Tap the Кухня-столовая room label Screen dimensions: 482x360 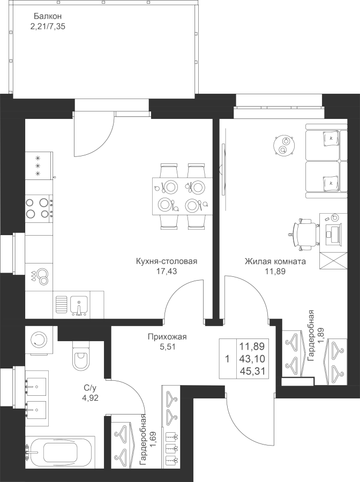[x=167, y=262]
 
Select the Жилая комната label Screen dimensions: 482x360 [x=275, y=262]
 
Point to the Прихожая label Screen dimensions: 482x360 [x=167, y=337]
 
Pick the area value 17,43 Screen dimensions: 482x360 [x=167, y=272]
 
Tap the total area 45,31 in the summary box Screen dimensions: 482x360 [x=256, y=369]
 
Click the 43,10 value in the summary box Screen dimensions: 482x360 [x=256, y=358]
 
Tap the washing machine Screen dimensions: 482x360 [x=39, y=338]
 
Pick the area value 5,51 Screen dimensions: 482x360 [x=167, y=347]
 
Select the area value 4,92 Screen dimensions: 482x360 [x=89, y=398]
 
